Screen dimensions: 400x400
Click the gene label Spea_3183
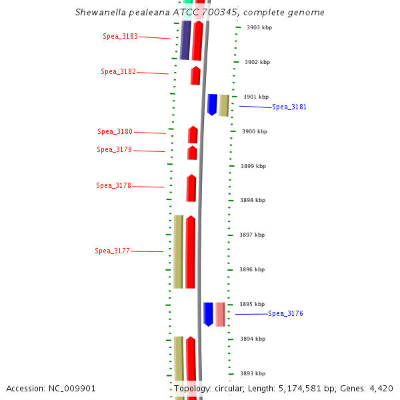(x=120, y=36)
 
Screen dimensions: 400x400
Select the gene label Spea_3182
(x=118, y=71)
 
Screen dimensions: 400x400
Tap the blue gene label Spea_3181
(x=289, y=107)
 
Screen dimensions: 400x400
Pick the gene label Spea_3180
(x=115, y=132)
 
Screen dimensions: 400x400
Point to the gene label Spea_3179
(x=114, y=149)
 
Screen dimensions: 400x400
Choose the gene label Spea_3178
(x=113, y=185)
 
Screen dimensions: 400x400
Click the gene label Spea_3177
(x=112, y=251)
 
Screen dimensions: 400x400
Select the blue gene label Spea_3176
(x=285, y=313)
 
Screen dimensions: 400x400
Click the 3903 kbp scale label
(x=259, y=27)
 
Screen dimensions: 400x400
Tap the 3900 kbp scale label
(x=254, y=131)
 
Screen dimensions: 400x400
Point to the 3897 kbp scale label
(x=252, y=235)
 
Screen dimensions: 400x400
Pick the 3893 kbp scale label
(x=253, y=373)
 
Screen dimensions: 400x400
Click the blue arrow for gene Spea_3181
(x=212, y=105)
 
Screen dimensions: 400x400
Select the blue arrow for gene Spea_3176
(x=208, y=314)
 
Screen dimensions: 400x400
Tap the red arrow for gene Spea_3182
(x=195, y=75)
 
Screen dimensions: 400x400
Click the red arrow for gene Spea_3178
(x=191, y=188)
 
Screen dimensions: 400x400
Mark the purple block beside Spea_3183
(x=185, y=40)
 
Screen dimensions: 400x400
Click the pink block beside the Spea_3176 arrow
(x=220, y=314)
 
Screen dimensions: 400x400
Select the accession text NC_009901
(x=74, y=388)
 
